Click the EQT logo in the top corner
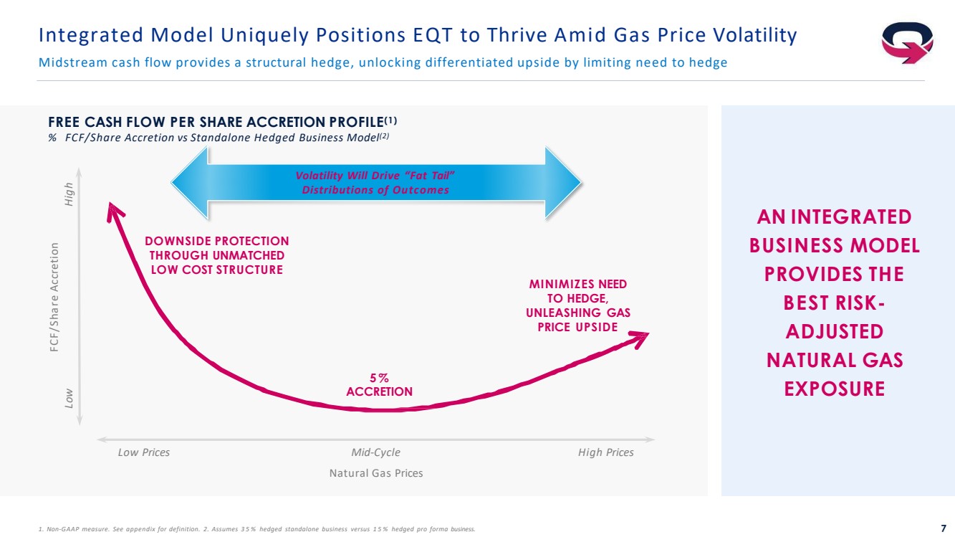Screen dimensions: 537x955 (908, 42)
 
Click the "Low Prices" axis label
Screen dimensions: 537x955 (143, 452)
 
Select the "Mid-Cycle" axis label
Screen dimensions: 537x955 (376, 452)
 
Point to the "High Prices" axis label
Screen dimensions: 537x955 (605, 452)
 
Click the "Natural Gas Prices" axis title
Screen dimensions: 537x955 (376, 473)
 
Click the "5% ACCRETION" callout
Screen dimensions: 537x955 (379, 385)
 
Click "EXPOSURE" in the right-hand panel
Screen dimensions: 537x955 (834, 389)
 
